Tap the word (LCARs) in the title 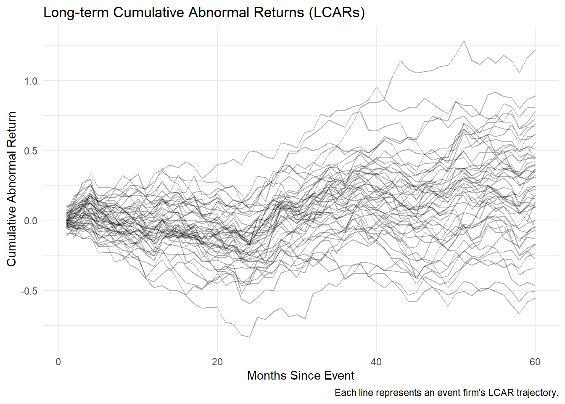(336, 13)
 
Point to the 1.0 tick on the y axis (31, 81)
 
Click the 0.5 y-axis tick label (31, 151)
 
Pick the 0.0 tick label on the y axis (31, 221)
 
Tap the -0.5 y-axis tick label (29, 291)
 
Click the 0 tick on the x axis (58, 362)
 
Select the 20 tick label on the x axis (217, 362)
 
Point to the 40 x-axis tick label (376, 362)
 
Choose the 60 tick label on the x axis (535, 362)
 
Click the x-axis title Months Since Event (301, 375)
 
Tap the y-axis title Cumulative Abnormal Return (11, 189)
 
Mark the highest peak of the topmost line (464, 41)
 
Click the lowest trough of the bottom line (249, 337)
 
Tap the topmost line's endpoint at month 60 (535, 50)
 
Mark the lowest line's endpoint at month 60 (535, 298)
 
